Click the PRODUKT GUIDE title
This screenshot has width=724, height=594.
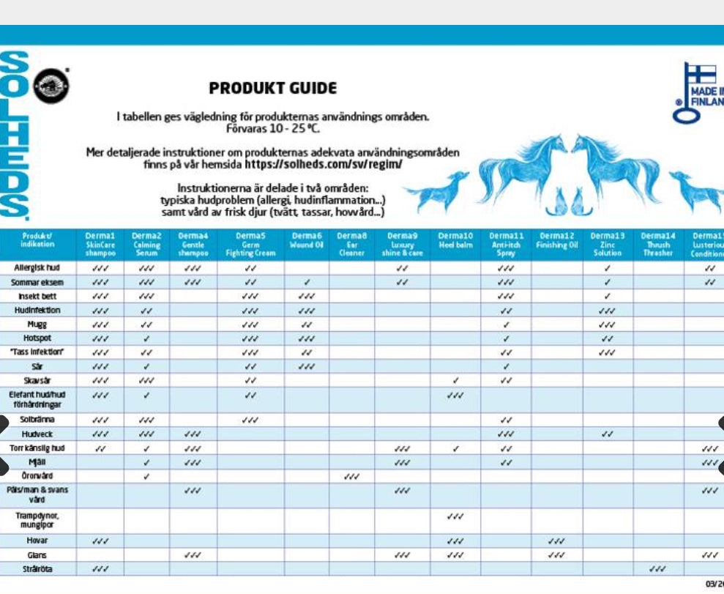coord(273,89)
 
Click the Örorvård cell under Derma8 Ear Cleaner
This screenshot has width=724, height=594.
coord(351,476)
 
